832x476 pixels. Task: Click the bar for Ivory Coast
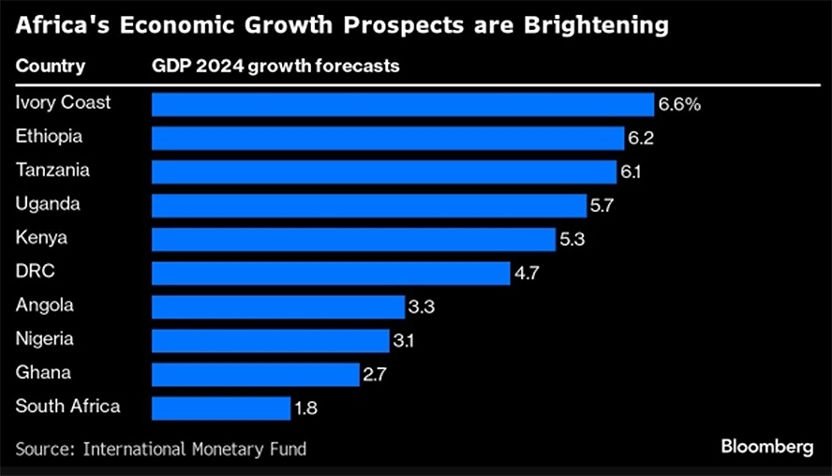[403, 104]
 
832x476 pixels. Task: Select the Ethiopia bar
[388, 138]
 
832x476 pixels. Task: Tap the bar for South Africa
[221, 408]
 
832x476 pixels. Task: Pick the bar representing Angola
[278, 306]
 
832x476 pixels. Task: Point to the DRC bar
[331, 273]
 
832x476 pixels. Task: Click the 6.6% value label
[679, 104]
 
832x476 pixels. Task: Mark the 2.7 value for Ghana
[375, 374]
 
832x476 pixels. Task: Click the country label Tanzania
[52, 170]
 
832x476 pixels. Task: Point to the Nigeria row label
[45, 338]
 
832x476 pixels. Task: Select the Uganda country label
[48, 203]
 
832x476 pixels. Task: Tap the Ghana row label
[43, 372]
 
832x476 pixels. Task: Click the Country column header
[51, 67]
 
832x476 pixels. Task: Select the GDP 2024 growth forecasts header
[277, 67]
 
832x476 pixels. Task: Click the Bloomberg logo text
[767, 447]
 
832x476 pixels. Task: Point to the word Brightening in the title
[587, 25]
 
